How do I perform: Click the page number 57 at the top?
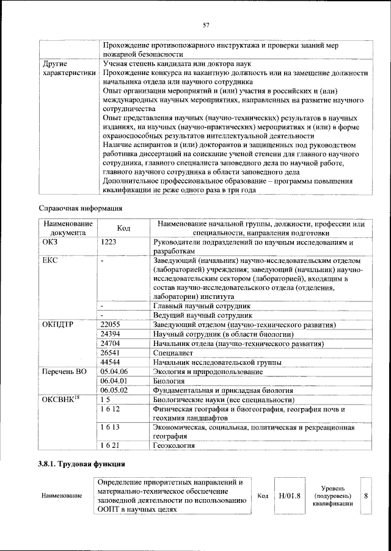click(206, 25)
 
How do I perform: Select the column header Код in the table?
click(123, 228)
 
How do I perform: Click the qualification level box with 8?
click(366, 495)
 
